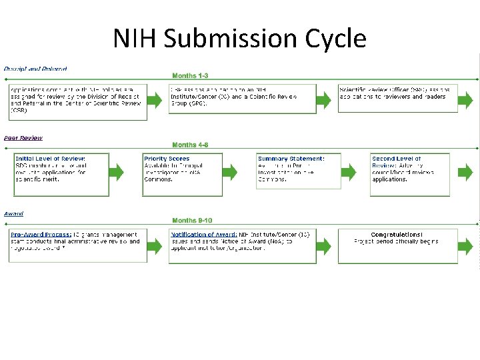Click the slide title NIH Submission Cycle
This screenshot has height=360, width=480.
pyautogui.click(x=239, y=38)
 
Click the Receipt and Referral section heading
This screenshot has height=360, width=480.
pyautogui.click(x=35, y=69)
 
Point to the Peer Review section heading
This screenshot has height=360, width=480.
pyautogui.click(x=23, y=138)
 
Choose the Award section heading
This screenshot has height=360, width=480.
pyautogui.click(x=14, y=213)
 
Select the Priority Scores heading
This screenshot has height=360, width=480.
pyautogui.click(x=167, y=159)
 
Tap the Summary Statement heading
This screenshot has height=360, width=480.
pyautogui.click(x=291, y=159)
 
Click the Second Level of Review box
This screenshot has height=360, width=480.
pyautogui.click(x=409, y=175)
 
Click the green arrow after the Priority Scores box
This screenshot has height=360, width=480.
pyautogui.click(x=230, y=172)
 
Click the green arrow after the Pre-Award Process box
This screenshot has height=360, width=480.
pyautogui.click(x=155, y=245)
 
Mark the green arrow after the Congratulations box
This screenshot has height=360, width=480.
pyautogui.click(x=466, y=245)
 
